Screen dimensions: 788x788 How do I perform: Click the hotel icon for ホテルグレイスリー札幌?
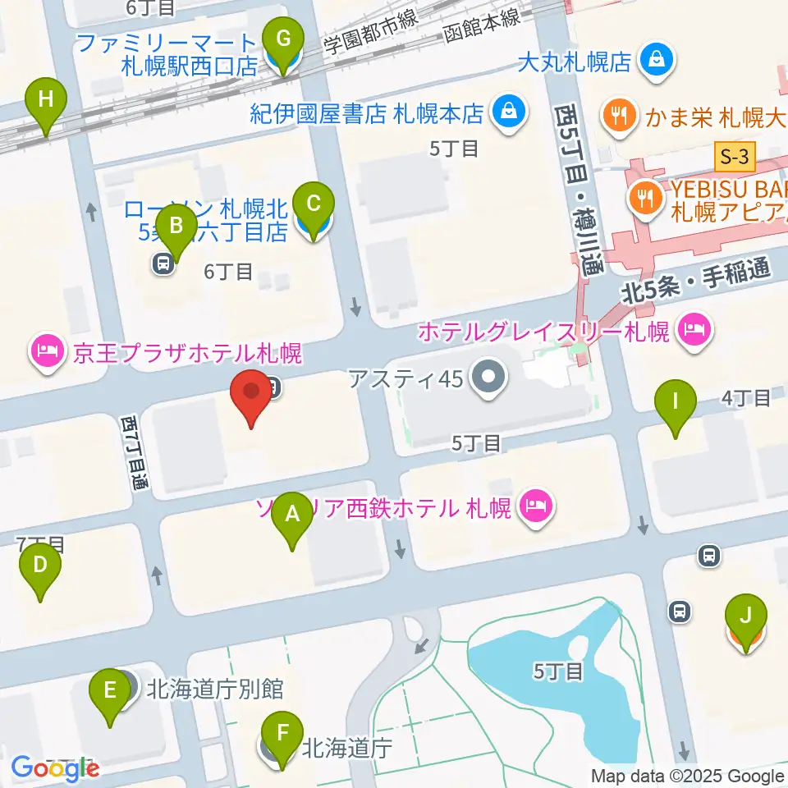[695, 332]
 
